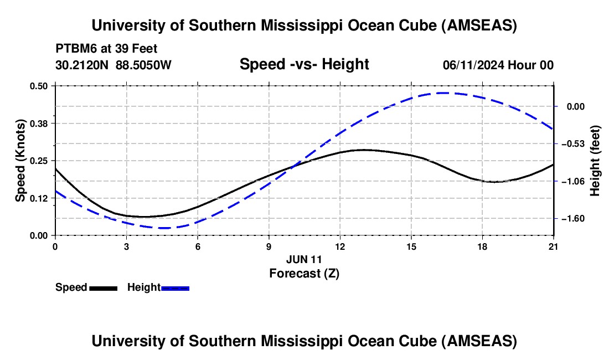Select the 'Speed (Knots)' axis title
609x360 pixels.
(x=20, y=161)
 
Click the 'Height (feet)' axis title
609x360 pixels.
(x=595, y=161)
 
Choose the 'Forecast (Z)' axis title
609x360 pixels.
(x=304, y=273)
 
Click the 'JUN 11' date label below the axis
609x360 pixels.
(x=304, y=259)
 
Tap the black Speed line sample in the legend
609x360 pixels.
(x=103, y=288)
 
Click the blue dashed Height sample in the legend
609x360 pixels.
(x=176, y=288)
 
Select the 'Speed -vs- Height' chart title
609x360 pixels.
(x=304, y=64)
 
